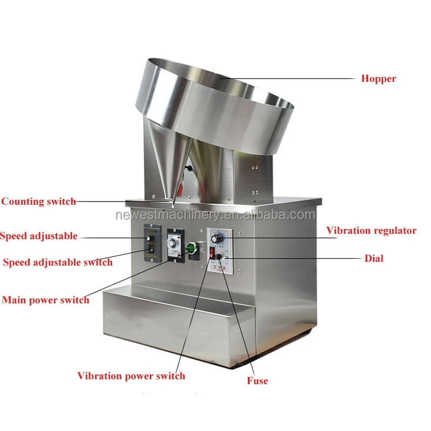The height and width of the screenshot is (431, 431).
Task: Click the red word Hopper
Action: [378, 79]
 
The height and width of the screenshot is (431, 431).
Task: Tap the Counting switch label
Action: [38, 201]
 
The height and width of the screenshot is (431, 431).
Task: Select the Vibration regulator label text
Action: [371, 231]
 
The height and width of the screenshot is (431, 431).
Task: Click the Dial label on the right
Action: [374, 259]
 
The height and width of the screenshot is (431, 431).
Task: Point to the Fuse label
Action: [258, 381]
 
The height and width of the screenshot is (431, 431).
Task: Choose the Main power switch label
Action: [46, 300]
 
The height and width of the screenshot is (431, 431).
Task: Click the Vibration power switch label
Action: [131, 376]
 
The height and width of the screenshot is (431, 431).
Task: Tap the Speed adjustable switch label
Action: [58, 262]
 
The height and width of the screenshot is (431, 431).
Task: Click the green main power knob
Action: [190, 248]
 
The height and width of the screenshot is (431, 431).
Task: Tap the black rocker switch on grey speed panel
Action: [151, 249]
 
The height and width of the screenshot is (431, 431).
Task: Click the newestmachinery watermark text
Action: [215, 215]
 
